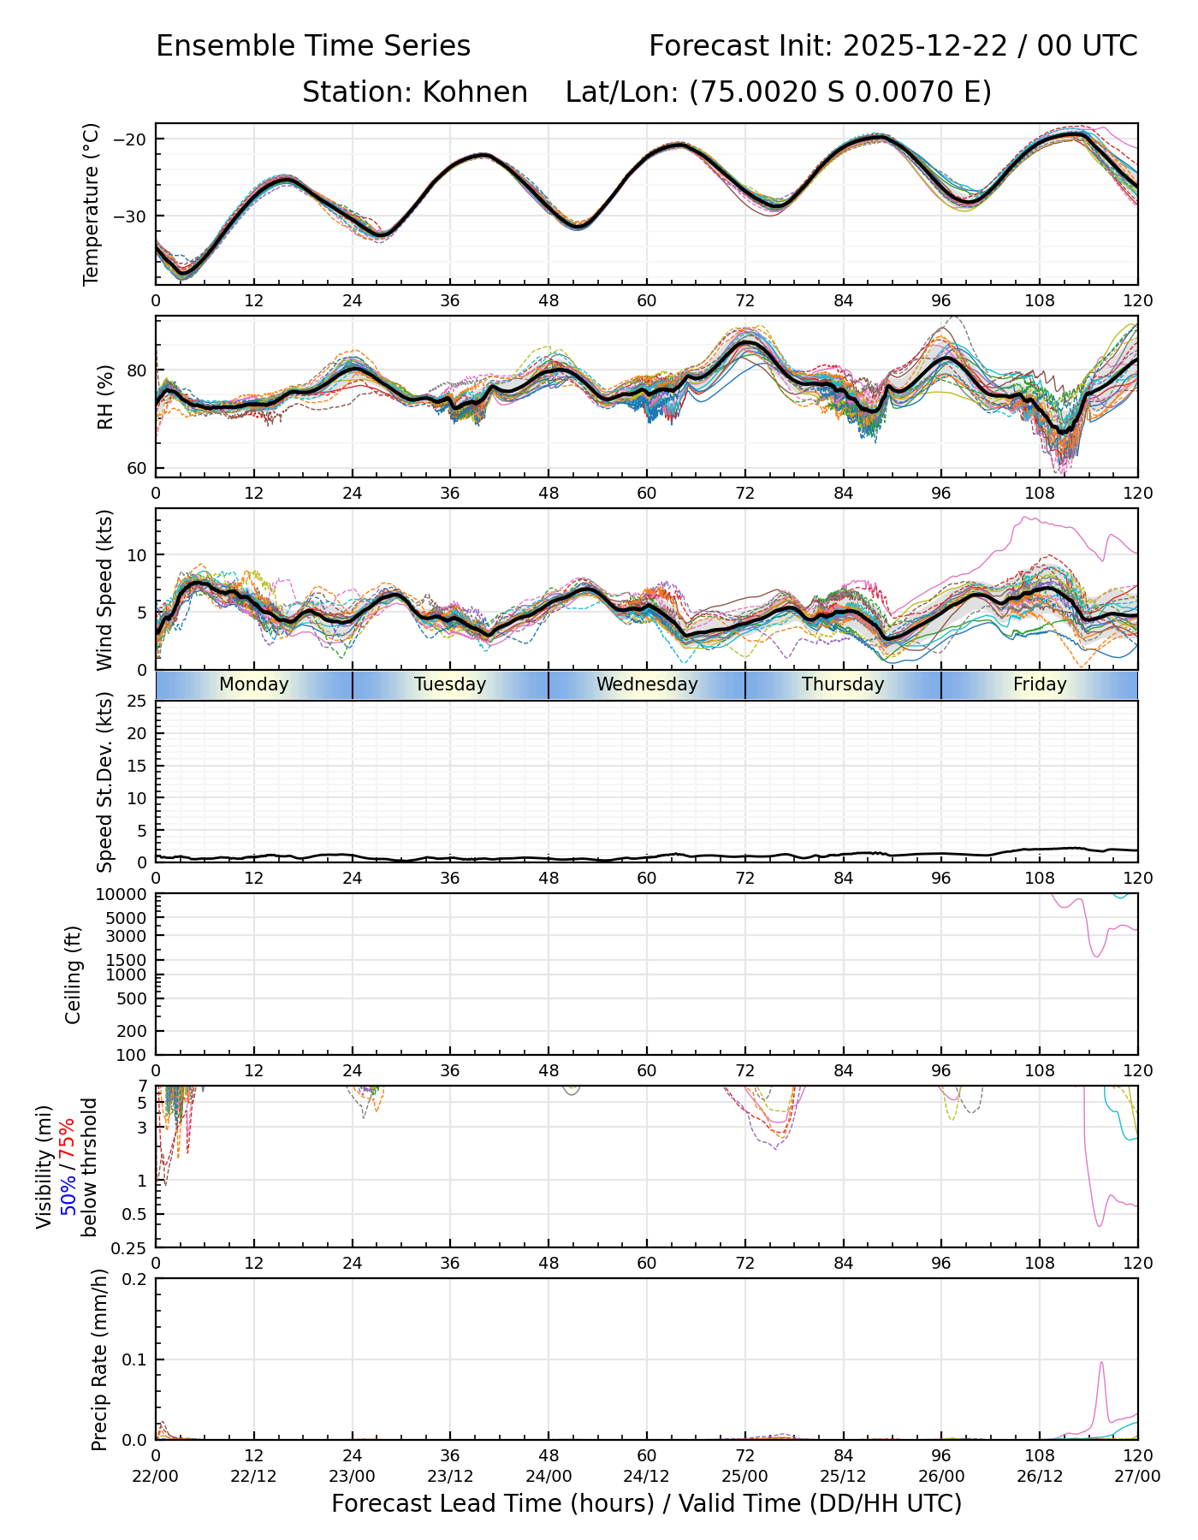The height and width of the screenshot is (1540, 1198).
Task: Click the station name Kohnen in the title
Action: pos(475,92)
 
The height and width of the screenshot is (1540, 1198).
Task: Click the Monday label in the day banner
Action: pos(253,684)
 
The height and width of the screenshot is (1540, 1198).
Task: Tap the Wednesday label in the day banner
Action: pos(647,684)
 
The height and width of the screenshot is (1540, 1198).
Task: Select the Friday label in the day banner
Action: pos(1040,684)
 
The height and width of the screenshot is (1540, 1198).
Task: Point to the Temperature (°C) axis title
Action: pos(92,204)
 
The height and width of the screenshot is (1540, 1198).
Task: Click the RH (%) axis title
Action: pos(105,397)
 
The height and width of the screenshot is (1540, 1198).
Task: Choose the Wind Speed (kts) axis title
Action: pos(105,589)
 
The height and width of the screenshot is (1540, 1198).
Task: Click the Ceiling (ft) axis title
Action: pos(74,974)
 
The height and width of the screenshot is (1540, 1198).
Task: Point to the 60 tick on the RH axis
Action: pos(139,468)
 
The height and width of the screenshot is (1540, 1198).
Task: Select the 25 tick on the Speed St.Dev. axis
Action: pos(137,702)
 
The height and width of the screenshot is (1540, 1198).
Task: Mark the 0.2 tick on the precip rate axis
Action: pos(135,1279)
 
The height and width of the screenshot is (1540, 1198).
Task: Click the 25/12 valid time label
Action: pos(844,1476)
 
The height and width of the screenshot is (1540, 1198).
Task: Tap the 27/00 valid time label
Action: pos(1137,1476)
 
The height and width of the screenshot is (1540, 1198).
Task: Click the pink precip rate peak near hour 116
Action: pos(1101,1363)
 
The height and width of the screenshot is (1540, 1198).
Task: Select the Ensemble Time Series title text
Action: pos(313,46)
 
